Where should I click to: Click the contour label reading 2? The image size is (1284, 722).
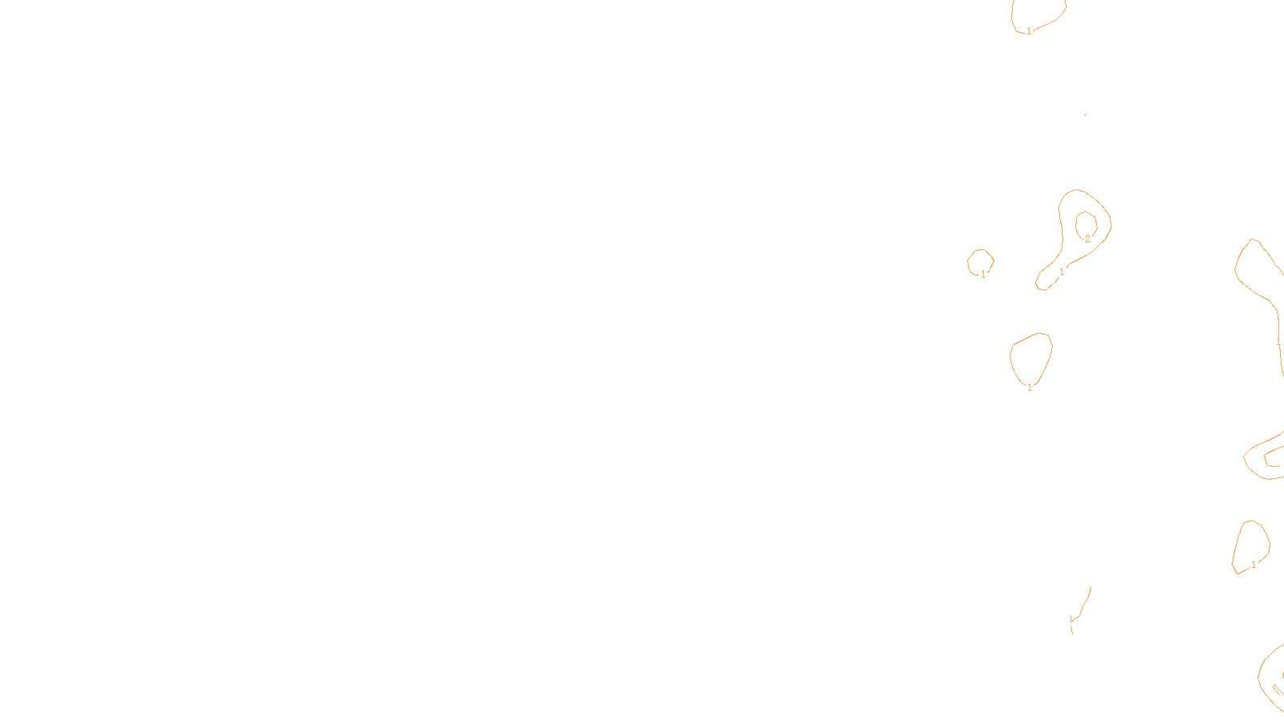tap(1087, 239)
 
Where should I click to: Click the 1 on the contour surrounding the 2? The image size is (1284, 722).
tap(1062, 272)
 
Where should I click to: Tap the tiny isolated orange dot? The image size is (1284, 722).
tap(1085, 115)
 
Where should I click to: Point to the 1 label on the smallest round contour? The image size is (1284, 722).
tap(983, 274)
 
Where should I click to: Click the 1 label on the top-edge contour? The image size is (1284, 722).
tap(1029, 31)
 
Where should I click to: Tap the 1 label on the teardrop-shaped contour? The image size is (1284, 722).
tap(1030, 387)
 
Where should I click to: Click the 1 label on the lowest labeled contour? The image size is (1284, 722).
tap(1254, 565)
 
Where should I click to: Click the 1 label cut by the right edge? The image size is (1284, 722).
tap(1278, 342)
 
